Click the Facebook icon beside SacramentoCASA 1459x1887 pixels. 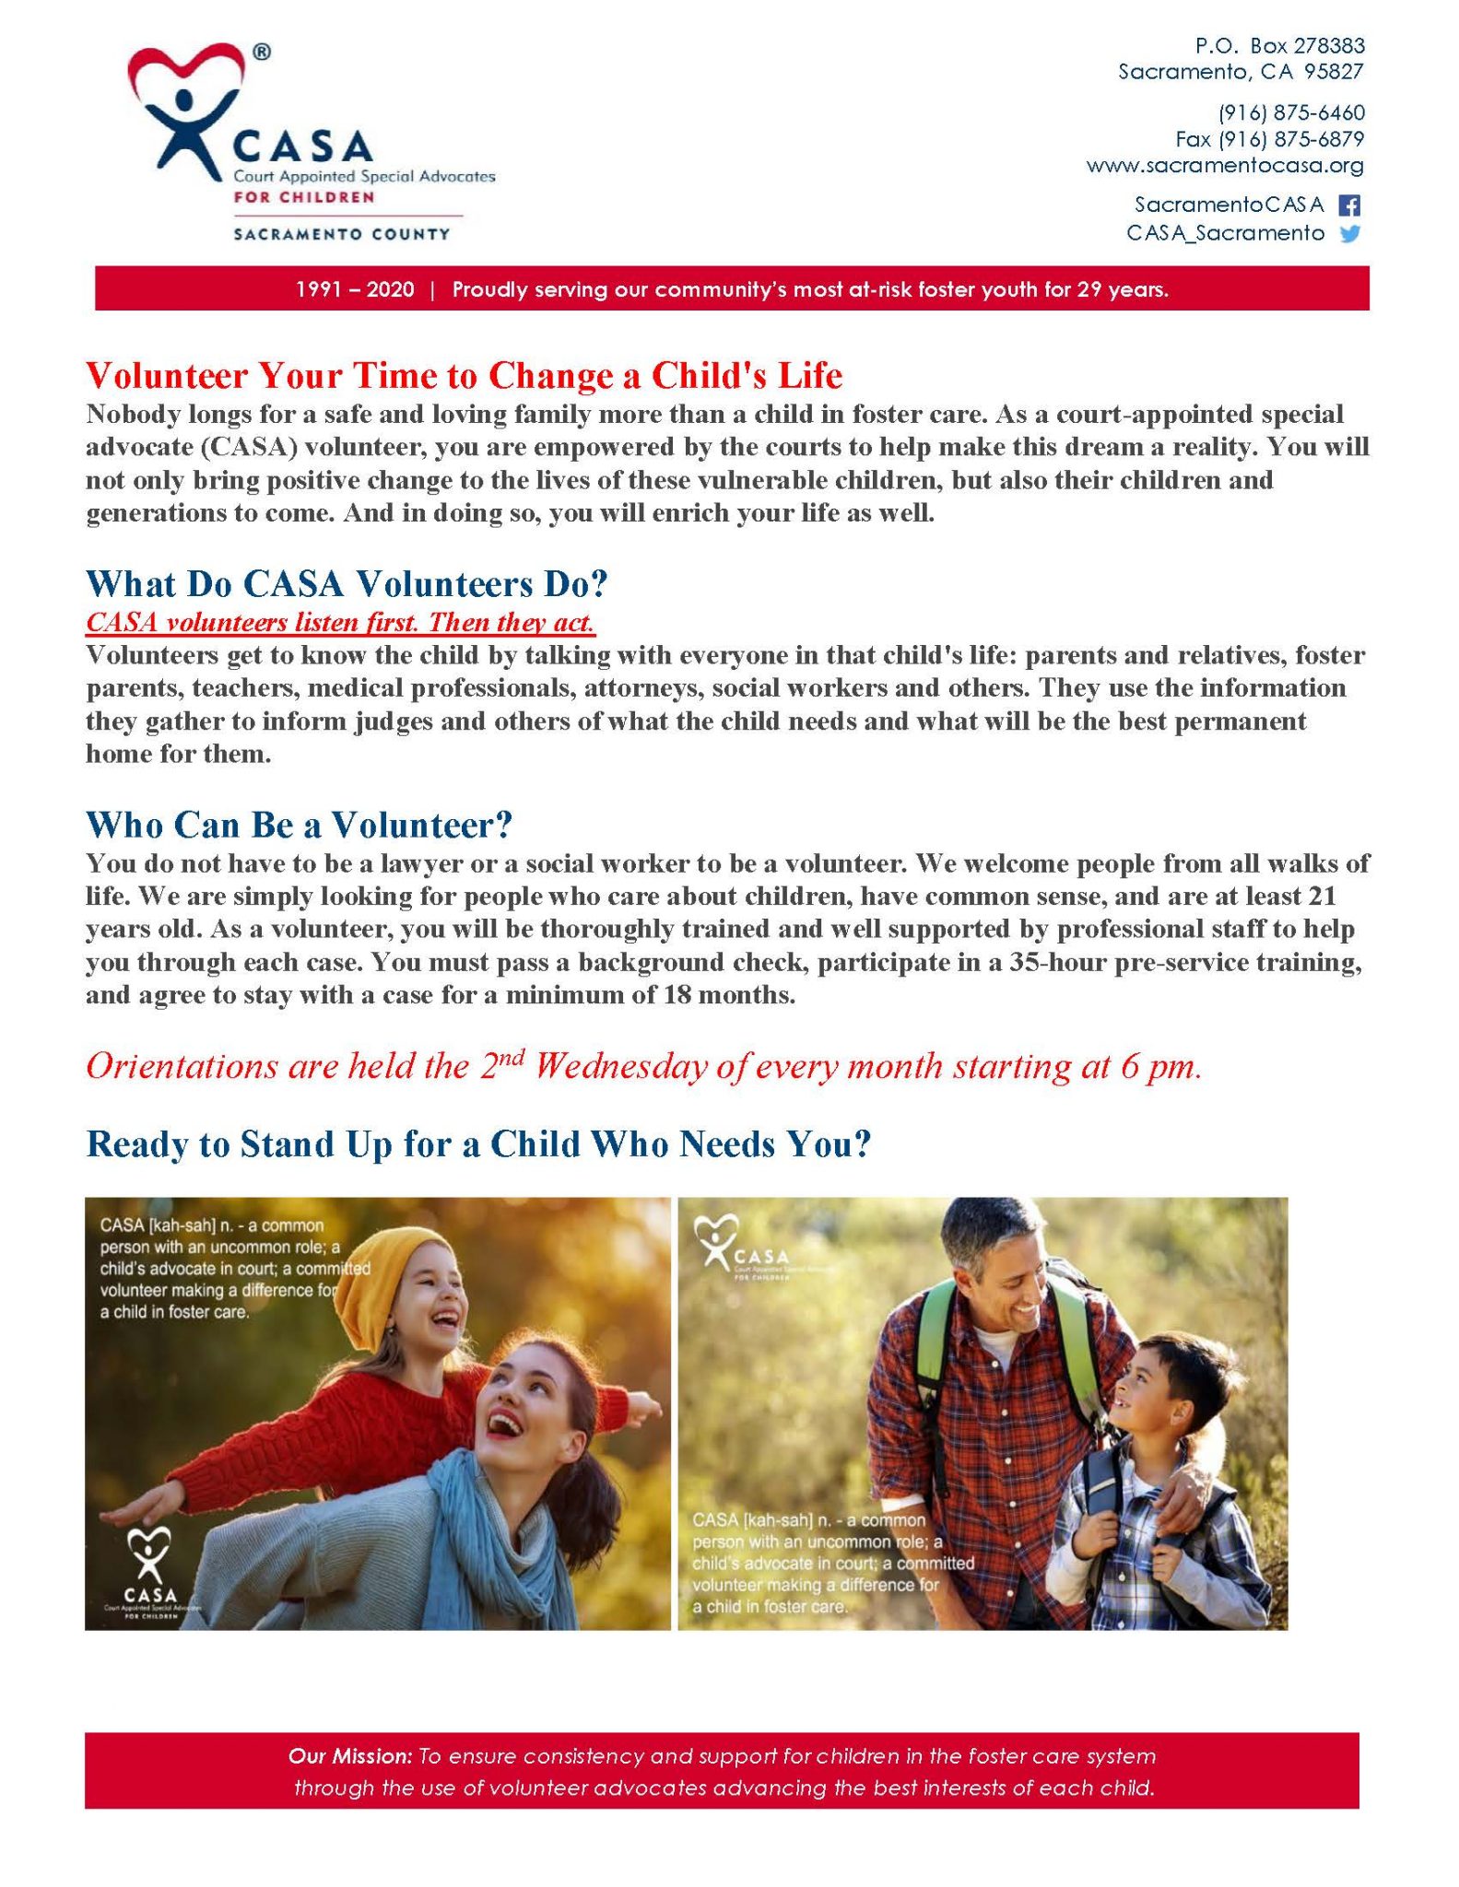[x=1348, y=205]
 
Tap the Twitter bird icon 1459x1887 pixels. [x=1349, y=234]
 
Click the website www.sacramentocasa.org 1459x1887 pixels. [x=1224, y=166]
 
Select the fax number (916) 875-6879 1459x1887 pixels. [x=1269, y=139]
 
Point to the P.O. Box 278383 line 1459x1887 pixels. [x=1279, y=46]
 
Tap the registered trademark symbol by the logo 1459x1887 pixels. [x=262, y=53]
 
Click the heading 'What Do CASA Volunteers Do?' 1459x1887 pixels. [x=347, y=584]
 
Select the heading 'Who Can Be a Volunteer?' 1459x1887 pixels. [x=299, y=825]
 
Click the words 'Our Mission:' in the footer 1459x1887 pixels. [x=349, y=1756]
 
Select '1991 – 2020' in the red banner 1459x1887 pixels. [x=355, y=289]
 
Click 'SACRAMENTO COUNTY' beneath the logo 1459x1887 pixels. [x=341, y=234]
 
